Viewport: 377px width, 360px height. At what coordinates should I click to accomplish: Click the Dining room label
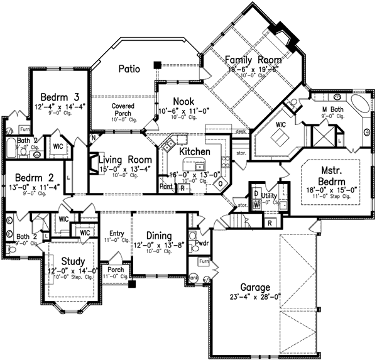(160, 235)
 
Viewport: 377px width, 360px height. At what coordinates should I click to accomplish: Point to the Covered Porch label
(123, 110)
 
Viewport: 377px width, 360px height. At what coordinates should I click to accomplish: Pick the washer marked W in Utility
(258, 204)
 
